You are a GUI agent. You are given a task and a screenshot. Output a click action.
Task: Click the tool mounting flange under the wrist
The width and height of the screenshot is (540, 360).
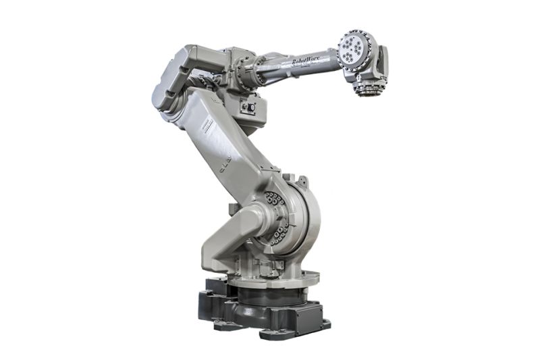367,88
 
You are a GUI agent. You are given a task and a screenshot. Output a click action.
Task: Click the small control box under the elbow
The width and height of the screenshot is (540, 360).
248,107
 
